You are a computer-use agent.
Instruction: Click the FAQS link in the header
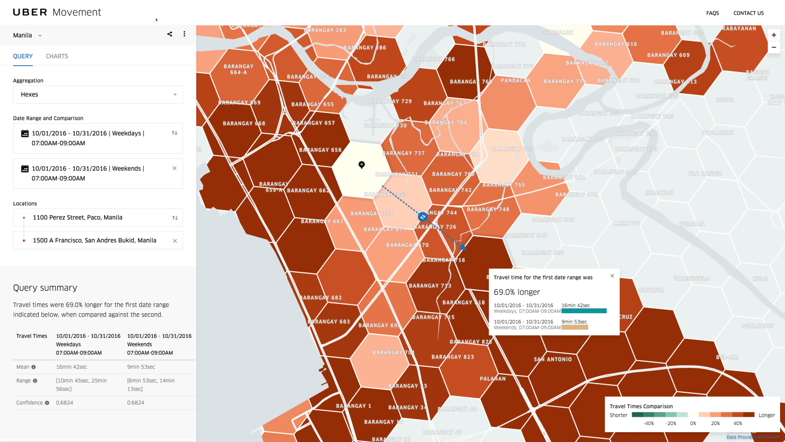[712, 13]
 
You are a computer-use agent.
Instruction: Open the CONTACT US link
[748, 13]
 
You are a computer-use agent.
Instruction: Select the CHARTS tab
[57, 56]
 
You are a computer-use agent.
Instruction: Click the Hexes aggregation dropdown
[98, 94]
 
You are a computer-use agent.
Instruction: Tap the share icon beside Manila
[170, 34]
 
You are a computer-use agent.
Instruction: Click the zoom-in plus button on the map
[774, 35]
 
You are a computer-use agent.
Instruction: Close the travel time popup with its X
[612, 276]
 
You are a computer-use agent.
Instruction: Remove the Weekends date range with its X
[174, 169]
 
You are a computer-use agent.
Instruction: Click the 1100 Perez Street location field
[98, 217]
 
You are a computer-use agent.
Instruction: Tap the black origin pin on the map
[361, 164]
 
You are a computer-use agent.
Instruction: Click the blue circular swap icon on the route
[422, 217]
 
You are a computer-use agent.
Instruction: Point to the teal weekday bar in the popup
[584, 310]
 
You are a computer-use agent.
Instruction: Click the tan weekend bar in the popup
[575, 327]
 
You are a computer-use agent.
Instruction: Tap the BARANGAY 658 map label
[321, 150]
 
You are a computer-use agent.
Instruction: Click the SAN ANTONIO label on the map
[553, 359]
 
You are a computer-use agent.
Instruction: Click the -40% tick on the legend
[649, 423]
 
